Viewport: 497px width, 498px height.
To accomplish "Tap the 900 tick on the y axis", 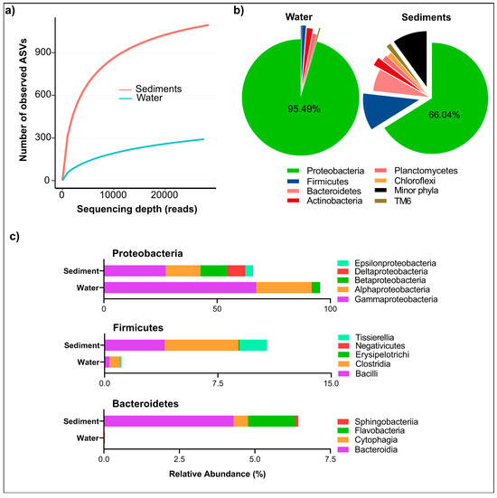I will [x=42, y=52].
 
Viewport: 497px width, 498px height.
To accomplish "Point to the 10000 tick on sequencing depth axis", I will [x=112, y=195].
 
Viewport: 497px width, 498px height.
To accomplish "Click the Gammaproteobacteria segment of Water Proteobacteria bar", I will [x=180, y=287].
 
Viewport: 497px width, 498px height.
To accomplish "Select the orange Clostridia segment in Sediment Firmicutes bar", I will [x=202, y=344].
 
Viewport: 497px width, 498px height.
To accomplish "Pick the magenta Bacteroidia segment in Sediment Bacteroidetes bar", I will [x=168, y=420].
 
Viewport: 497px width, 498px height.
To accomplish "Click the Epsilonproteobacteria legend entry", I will [x=401, y=261].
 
